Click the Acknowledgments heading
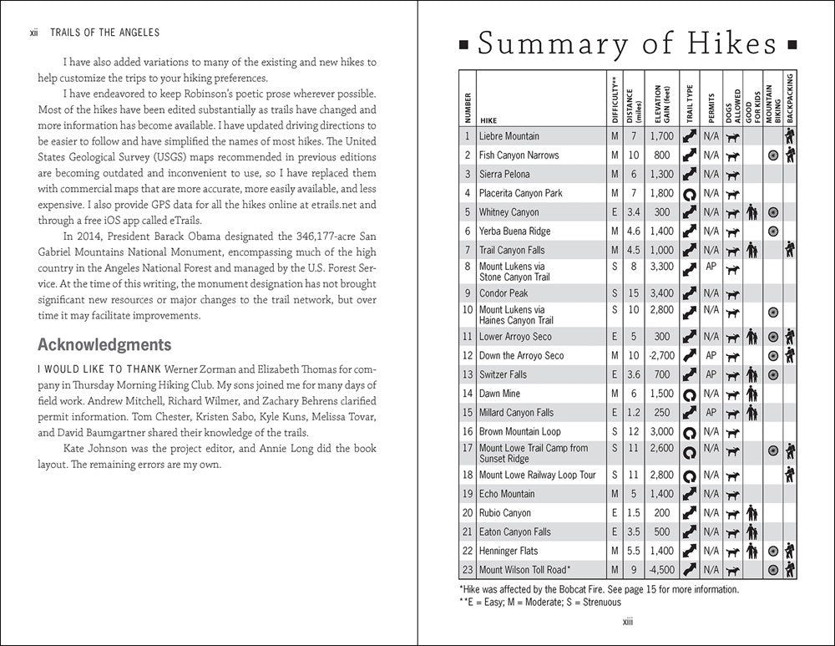pos(104,344)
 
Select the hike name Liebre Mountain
pos(509,136)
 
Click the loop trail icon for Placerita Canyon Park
pos(690,193)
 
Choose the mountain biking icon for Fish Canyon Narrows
pos(773,155)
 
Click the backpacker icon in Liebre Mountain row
pos(789,136)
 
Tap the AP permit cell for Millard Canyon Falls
pos(711,413)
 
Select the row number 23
pos(468,570)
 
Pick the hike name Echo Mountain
pos(507,494)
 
